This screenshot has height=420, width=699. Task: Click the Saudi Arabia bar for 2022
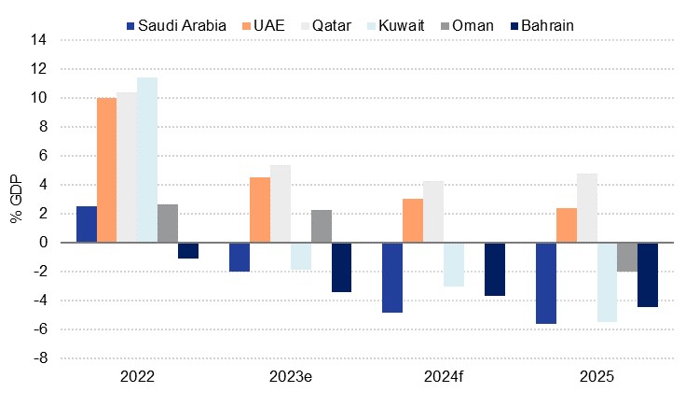click(x=87, y=224)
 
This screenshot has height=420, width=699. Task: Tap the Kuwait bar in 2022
click(x=147, y=160)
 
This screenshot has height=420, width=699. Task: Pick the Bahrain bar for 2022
click(x=188, y=250)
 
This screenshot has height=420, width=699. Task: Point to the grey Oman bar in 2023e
click(x=322, y=226)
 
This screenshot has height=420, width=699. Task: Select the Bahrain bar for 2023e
click(x=341, y=267)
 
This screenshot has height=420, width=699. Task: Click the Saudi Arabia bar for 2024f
click(x=392, y=277)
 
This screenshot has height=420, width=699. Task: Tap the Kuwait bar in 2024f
click(x=454, y=264)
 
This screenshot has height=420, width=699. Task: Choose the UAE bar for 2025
click(x=566, y=225)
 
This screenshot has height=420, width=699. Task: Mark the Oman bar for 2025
click(x=627, y=257)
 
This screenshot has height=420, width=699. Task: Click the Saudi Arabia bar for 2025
click(x=545, y=283)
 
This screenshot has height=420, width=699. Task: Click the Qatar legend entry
click(x=325, y=25)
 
